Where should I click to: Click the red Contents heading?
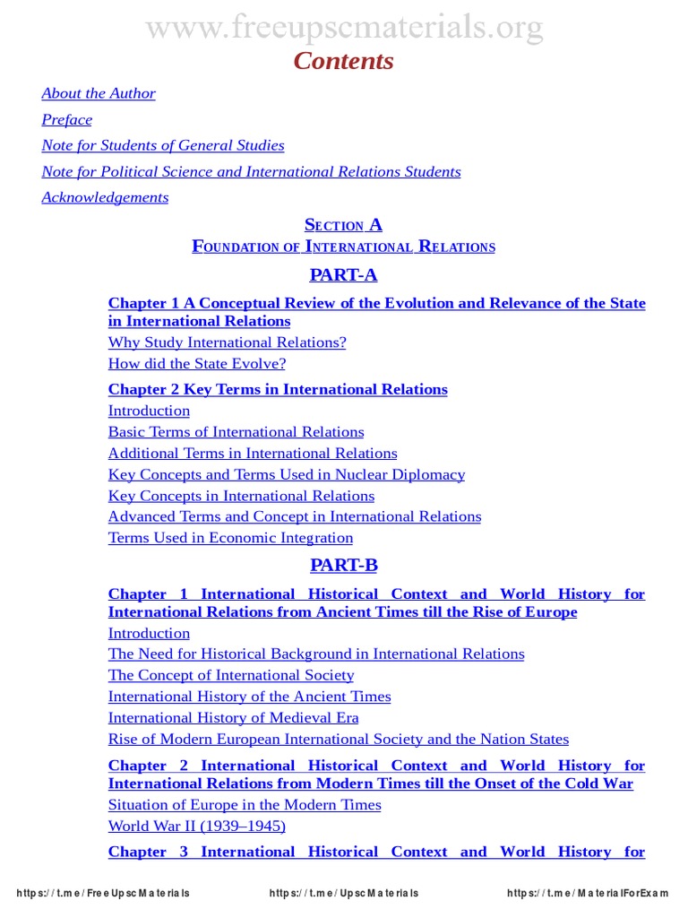344,61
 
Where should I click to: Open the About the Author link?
99,93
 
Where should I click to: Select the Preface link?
67,119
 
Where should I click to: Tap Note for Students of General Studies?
163,145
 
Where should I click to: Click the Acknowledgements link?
105,197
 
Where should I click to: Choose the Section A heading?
344,225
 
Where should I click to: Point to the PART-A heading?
344,275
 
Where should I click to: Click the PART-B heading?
344,565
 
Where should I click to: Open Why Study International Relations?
227,342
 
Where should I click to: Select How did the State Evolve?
197,364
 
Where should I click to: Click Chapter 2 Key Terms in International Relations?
278,389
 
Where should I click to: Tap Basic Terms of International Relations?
236,432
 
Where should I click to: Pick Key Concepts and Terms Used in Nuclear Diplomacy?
287,475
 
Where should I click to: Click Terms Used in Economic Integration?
230,538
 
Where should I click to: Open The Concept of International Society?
231,675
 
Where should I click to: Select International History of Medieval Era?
233,718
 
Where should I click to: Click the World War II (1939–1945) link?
197,826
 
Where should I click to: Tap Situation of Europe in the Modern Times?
245,804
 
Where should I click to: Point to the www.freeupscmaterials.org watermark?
344,28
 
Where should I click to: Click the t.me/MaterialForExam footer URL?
588,893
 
